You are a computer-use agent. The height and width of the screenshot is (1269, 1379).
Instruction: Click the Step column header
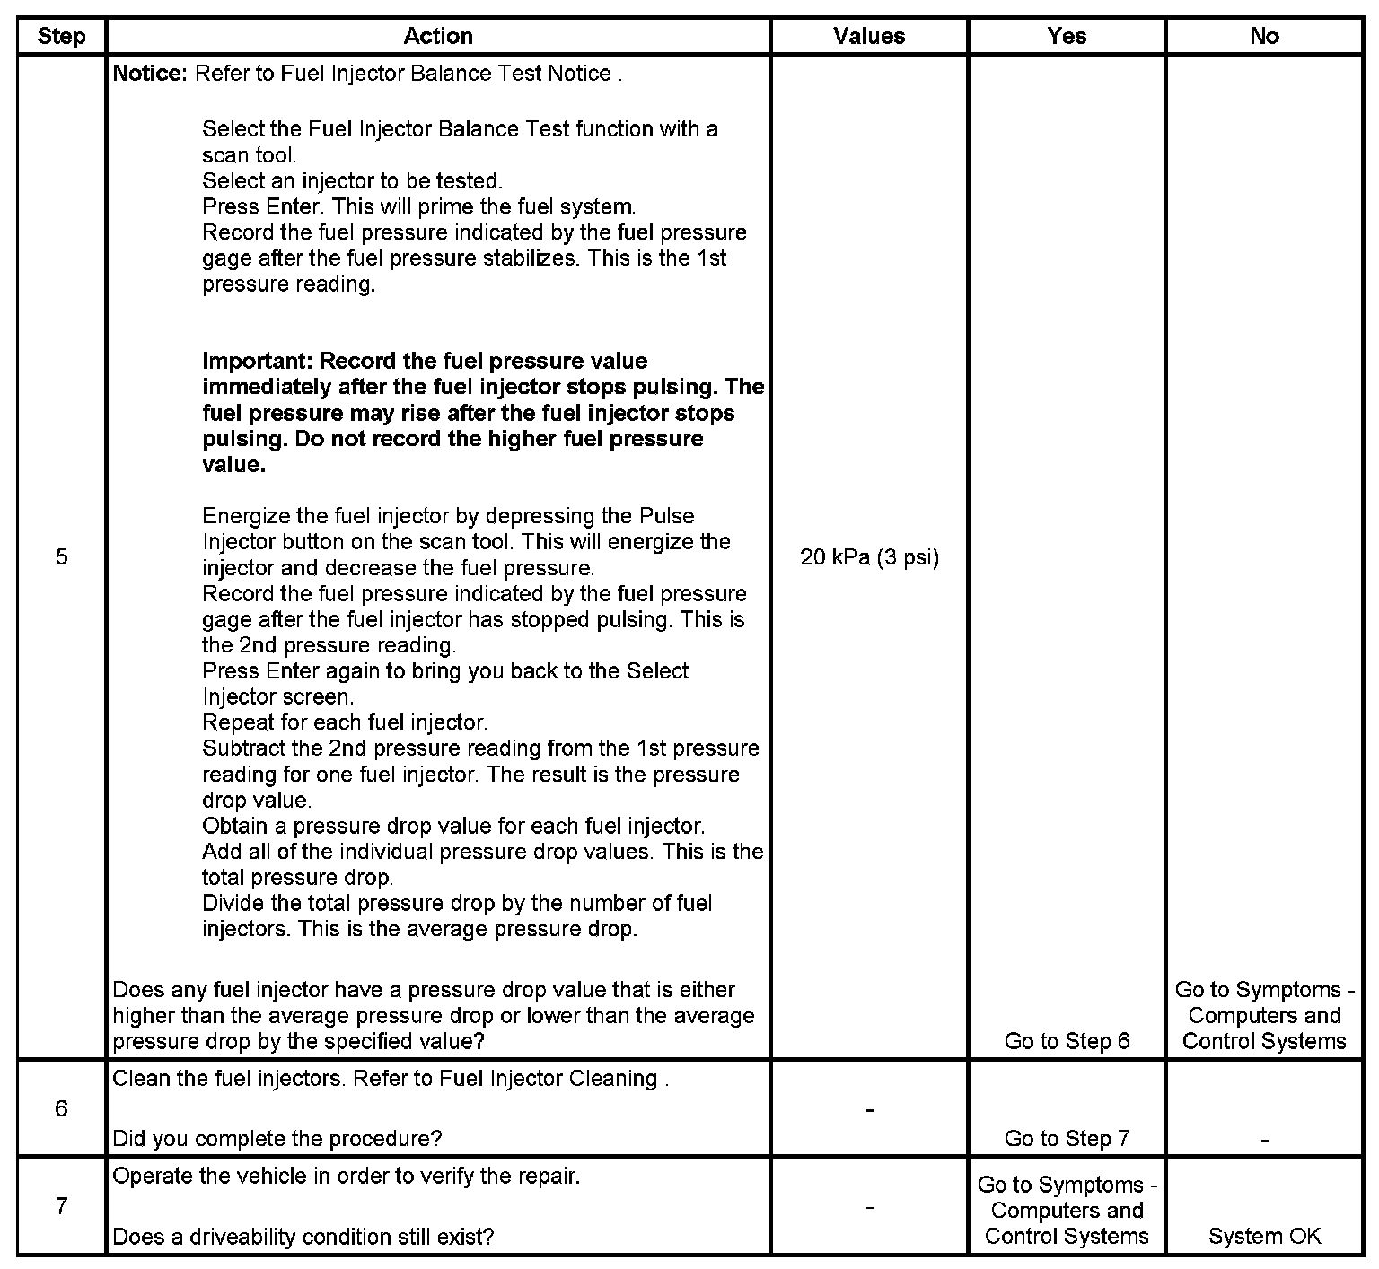[61, 37]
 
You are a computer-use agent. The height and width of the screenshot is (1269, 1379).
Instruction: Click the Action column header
[438, 37]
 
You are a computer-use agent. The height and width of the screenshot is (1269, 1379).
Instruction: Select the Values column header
[869, 37]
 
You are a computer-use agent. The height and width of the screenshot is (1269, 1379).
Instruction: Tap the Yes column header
[1067, 37]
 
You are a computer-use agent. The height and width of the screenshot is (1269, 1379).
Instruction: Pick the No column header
[1264, 37]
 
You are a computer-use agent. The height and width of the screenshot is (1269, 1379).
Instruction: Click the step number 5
[61, 557]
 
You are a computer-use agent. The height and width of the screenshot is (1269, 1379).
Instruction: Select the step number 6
[61, 1108]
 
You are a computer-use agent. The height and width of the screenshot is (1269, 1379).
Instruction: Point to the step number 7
[61, 1206]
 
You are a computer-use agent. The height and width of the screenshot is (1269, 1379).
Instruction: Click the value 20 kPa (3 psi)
[869, 558]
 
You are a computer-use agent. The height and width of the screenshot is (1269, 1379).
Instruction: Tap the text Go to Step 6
[1067, 1041]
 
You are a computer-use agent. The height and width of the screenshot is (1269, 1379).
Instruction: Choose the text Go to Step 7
[1067, 1139]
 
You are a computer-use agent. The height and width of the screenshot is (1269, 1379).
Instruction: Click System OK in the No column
[1264, 1237]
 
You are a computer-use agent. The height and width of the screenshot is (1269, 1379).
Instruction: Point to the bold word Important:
[258, 362]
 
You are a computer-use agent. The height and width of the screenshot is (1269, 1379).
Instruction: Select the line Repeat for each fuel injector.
[345, 722]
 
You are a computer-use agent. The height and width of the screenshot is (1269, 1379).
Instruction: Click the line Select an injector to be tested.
[352, 181]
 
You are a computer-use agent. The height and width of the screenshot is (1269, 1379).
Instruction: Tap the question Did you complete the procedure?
[277, 1139]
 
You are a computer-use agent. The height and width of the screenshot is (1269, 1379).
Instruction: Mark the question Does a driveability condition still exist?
[303, 1237]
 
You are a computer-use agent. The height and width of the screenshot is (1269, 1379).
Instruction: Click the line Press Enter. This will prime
[418, 207]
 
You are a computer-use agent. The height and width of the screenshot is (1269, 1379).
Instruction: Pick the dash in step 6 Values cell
[869, 1110]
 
